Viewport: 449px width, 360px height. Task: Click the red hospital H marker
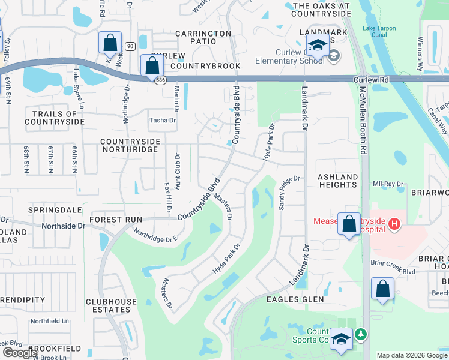click(x=394, y=225)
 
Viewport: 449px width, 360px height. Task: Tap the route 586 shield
click(x=159, y=81)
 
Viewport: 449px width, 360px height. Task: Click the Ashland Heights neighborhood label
click(x=337, y=181)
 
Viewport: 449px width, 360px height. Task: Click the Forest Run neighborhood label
click(x=116, y=220)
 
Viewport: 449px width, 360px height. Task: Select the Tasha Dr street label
click(x=163, y=120)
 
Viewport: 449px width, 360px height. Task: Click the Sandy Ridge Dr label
click(x=288, y=191)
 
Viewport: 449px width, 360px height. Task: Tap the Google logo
click(x=20, y=353)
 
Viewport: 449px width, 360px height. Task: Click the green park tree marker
click(x=360, y=334)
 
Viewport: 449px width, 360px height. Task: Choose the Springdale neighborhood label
click(x=55, y=210)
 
